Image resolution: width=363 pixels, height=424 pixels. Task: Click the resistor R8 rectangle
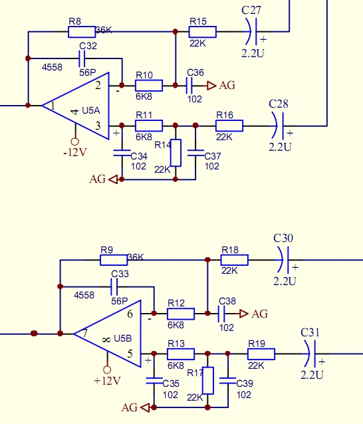[82, 32]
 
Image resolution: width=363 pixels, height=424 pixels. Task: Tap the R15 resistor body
[203, 32]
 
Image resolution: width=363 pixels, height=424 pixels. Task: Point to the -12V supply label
[75, 152]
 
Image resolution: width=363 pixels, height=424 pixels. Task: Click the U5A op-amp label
[91, 110]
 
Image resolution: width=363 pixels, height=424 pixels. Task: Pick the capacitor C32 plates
[82, 58]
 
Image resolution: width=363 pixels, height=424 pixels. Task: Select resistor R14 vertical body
[176, 153]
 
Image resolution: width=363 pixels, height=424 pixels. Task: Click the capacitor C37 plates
[195, 153]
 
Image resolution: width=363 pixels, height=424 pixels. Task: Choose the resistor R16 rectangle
[229, 126]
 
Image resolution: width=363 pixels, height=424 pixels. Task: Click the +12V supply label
[107, 381]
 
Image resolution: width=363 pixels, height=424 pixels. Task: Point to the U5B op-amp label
[123, 338]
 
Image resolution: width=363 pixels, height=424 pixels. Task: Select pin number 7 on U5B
[85, 333]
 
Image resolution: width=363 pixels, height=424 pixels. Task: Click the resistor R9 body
[114, 260]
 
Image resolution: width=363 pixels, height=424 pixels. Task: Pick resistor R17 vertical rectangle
[207, 380]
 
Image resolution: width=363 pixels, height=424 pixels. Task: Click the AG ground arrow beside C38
[244, 314]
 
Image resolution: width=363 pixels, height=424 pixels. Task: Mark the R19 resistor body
[261, 354]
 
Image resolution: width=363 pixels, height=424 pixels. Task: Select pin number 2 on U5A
[98, 86]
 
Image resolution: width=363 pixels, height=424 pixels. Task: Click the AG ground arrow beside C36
[211, 86]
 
